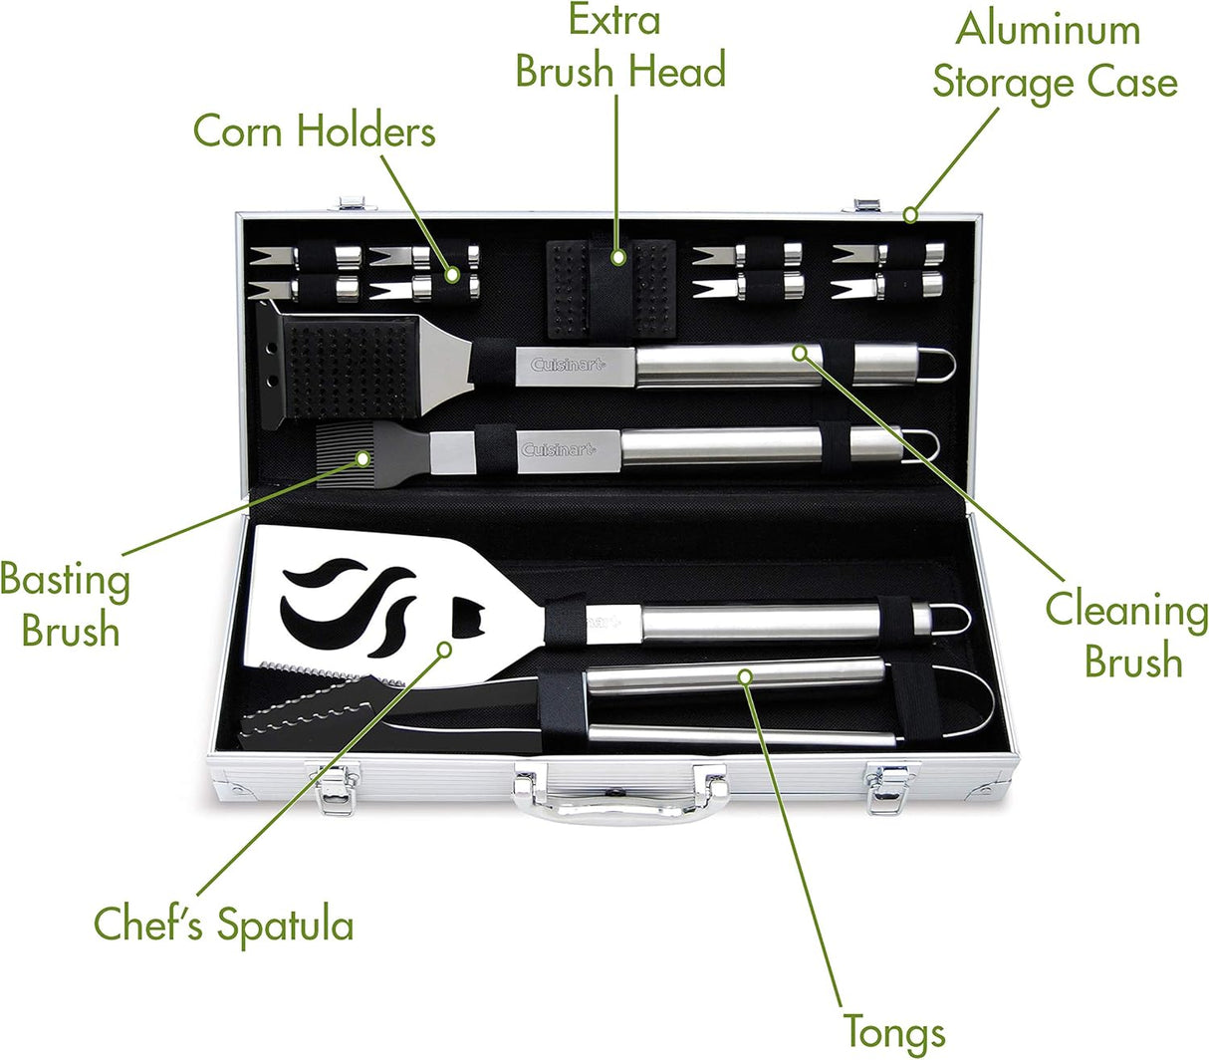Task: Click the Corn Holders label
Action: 315,131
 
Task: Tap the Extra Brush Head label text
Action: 620,46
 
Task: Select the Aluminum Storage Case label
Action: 1055,56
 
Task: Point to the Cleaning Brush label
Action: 1126,634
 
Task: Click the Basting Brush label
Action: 65,604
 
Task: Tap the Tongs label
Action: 894,1031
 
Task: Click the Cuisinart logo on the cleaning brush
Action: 568,364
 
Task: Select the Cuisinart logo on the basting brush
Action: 559,449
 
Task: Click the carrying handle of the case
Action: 620,804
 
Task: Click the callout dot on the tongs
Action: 745,676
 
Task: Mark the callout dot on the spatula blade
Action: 444,650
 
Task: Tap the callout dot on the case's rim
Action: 910,214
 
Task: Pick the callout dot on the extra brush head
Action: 618,257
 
